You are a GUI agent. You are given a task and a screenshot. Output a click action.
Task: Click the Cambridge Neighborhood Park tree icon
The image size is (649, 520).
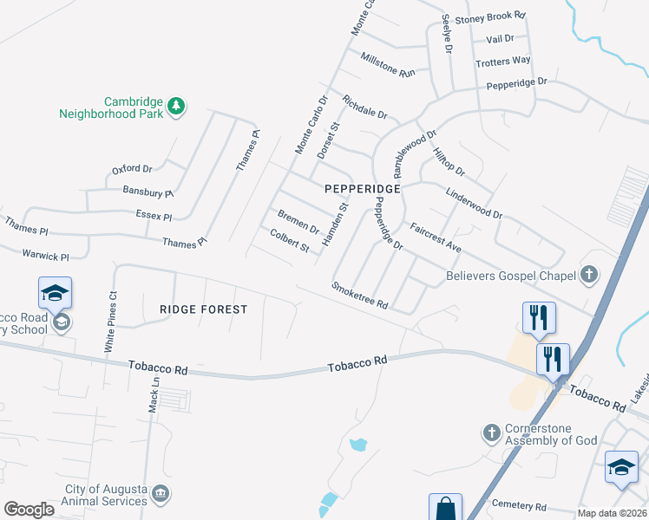176,106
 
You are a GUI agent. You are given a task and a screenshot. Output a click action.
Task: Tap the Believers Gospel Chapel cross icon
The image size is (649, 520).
589,276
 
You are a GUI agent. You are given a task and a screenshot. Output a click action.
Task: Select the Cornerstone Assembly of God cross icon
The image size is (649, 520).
491,432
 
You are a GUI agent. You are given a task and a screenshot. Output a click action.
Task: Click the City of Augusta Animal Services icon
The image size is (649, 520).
160,494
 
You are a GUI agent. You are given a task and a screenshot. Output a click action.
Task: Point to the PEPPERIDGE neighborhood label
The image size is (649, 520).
362,188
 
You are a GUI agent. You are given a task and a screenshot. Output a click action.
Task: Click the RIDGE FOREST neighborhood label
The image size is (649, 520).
204,309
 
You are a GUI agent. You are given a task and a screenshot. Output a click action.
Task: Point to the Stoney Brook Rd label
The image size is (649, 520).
491,16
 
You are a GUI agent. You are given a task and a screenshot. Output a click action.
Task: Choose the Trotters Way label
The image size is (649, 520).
502,61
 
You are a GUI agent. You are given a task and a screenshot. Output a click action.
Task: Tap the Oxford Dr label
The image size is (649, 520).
132,169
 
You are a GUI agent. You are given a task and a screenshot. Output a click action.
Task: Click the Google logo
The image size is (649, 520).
29,509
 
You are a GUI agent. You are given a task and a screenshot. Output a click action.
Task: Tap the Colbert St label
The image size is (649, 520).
290,240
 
